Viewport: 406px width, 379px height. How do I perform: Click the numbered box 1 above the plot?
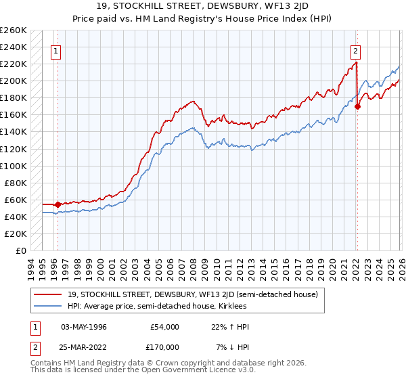[x=55, y=50]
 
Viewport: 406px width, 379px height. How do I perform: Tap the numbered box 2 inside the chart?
[x=355, y=50]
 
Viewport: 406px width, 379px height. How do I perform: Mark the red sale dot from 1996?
[x=58, y=204]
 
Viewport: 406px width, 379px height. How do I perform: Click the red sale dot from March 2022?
[x=358, y=106]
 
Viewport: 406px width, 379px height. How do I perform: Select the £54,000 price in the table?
[x=166, y=327]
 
